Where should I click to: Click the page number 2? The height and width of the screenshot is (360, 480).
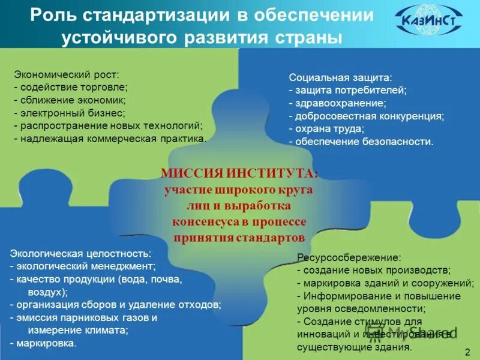point(467,350)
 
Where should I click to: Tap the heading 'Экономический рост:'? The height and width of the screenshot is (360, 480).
point(67,74)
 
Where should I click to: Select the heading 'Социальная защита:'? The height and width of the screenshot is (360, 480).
point(340,77)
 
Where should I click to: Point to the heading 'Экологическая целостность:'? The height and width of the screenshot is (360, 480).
point(80,254)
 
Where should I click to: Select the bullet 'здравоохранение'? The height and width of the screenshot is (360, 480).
point(338,103)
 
